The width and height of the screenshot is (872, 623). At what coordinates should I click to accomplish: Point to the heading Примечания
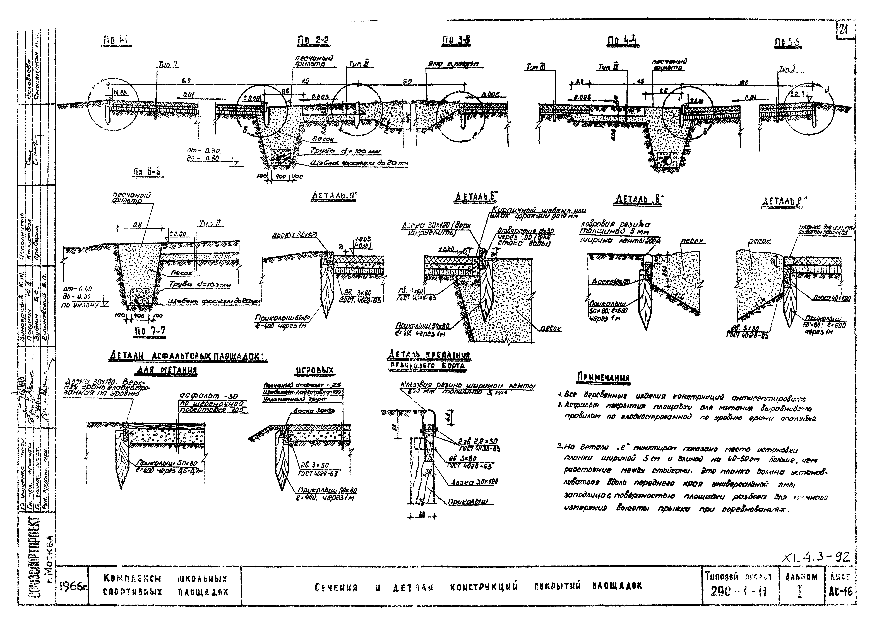tap(603, 378)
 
